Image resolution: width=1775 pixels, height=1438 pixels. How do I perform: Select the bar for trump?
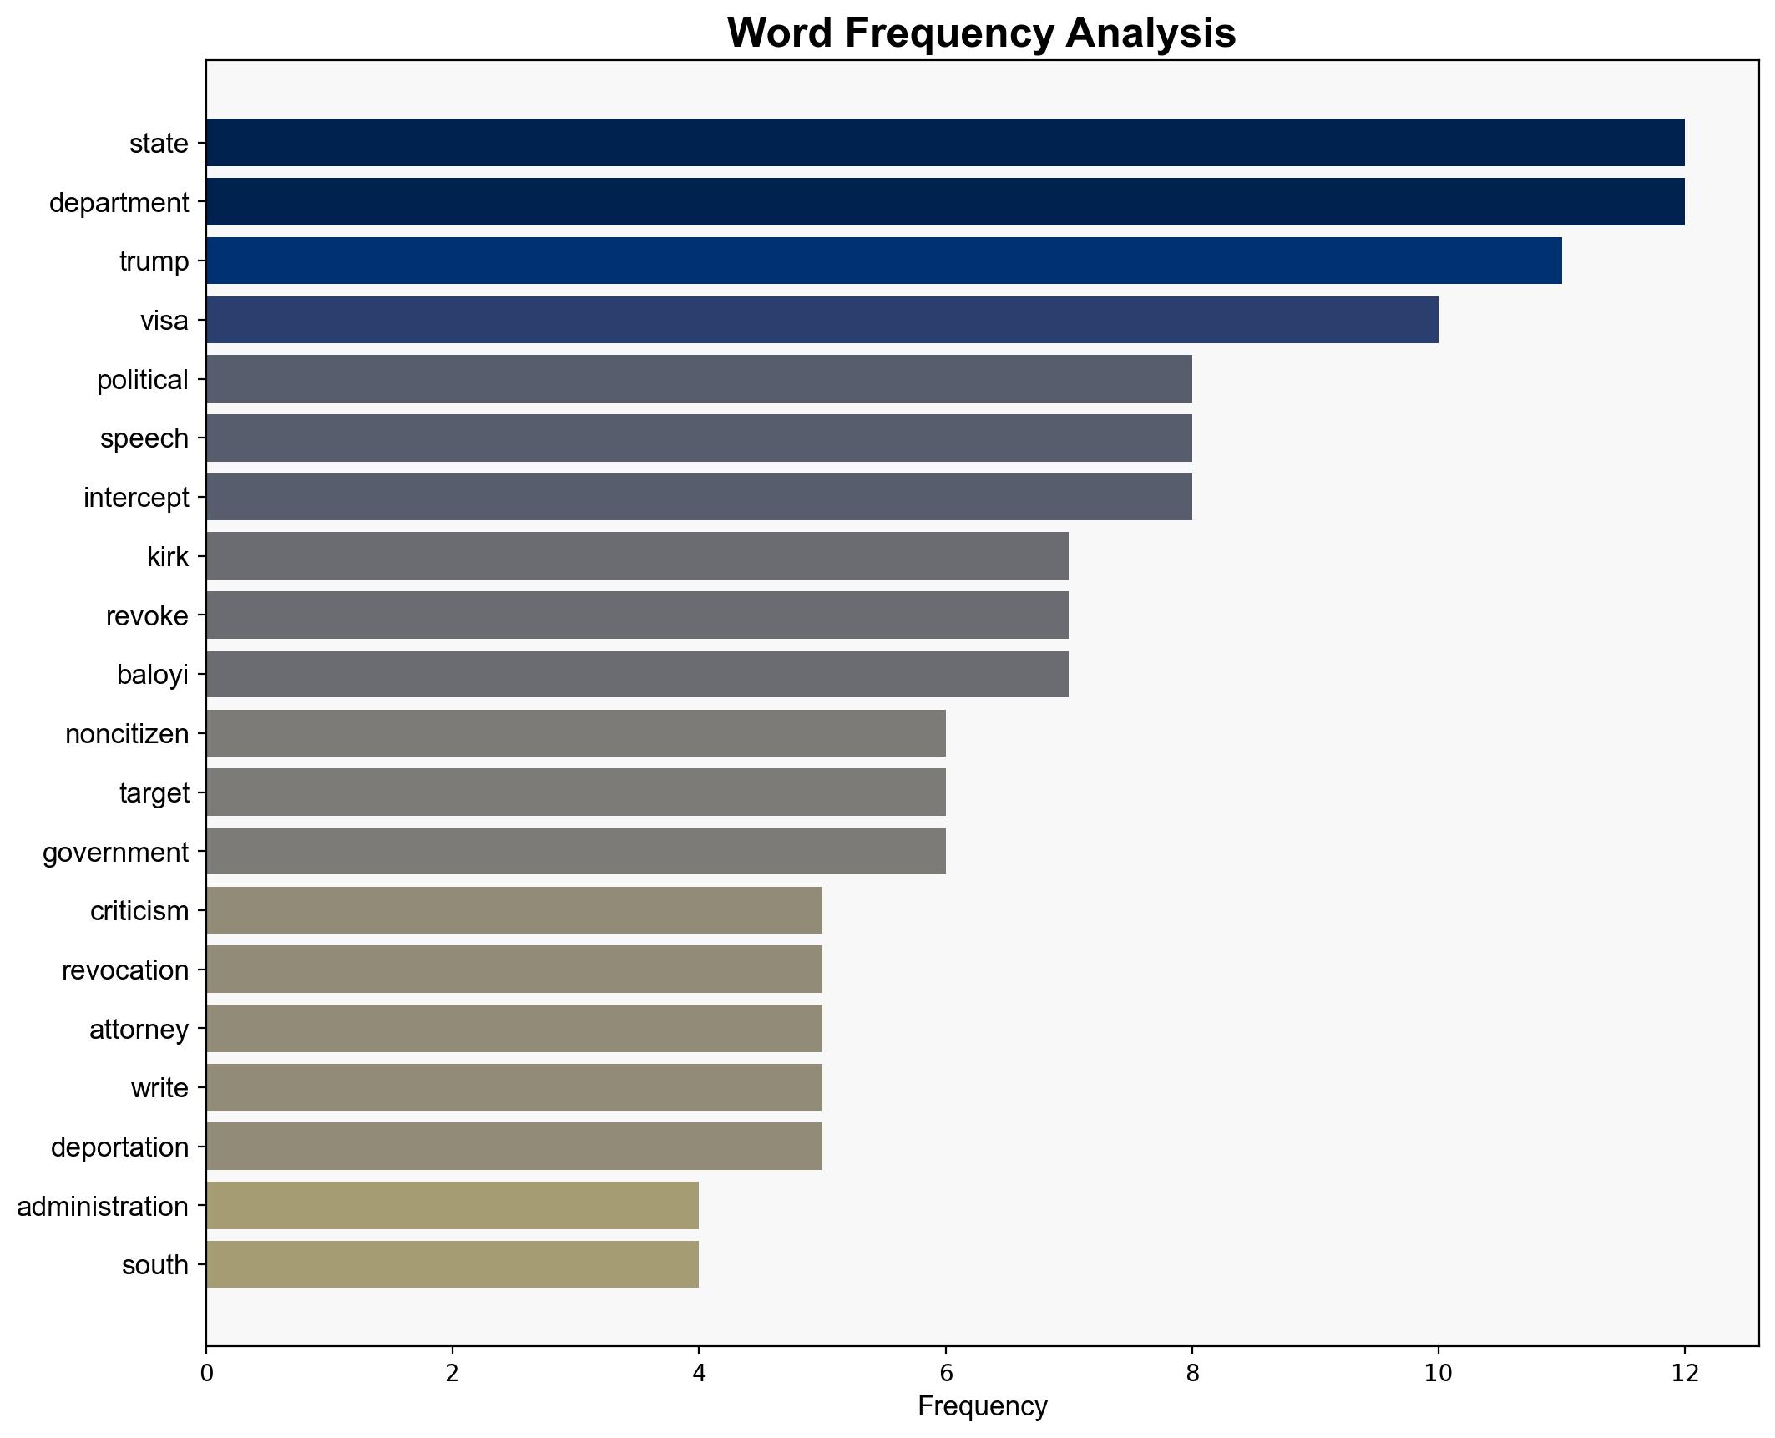[883, 261]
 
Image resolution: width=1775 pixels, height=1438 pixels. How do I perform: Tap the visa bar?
[822, 320]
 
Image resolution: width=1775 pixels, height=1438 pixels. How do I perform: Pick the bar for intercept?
[699, 497]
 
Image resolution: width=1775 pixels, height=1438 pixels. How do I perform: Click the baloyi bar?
[637, 674]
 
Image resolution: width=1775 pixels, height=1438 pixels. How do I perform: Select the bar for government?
[575, 851]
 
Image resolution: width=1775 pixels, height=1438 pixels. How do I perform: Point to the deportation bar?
[513, 1147]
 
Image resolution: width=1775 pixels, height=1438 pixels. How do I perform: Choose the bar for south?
[452, 1264]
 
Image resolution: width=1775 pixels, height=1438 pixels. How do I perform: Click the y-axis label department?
[119, 203]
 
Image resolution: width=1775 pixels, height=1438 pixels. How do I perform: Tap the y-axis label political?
[143, 380]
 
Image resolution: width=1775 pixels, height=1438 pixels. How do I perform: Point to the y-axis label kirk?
[168, 557]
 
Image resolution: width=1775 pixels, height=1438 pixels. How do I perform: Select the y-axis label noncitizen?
[127, 734]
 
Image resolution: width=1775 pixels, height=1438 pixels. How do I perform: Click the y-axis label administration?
[103, 1207]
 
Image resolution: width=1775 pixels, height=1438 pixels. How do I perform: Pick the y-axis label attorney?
[139, 1030]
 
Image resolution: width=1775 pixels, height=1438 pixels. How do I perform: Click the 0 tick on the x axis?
[206, 1373]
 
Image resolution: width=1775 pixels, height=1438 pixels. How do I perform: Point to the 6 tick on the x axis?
[945, 1373]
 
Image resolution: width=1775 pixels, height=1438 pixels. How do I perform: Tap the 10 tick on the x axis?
[1438, 1373]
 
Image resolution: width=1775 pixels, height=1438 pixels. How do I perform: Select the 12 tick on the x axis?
[1684, 1373]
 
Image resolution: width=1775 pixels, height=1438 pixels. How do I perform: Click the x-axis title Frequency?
[982, 1406]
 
